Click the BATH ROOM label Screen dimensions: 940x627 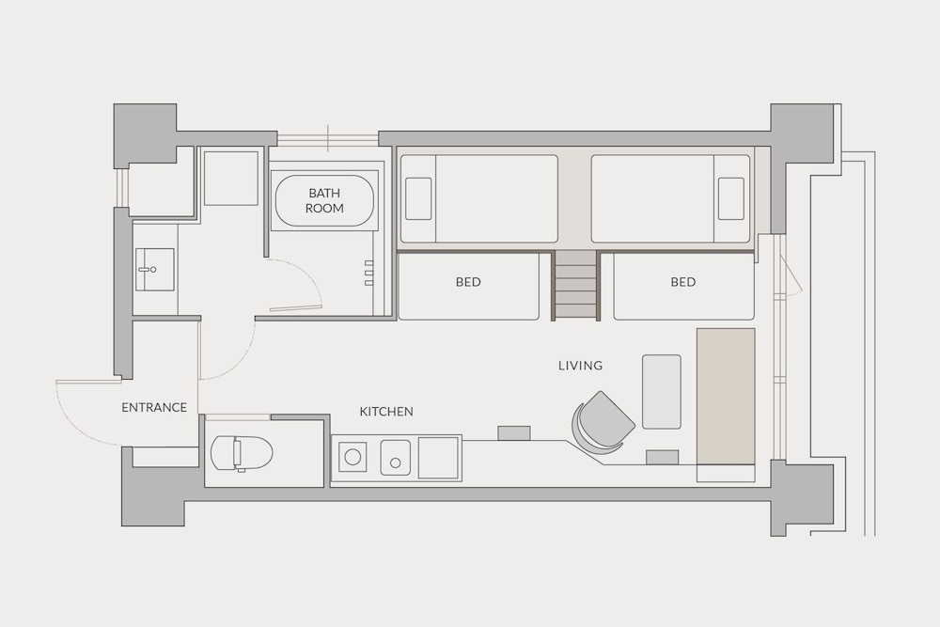point(324,201)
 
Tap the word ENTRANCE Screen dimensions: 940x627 point(154,408)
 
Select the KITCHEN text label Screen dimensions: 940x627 point(386,412)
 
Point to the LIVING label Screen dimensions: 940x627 point(580,366)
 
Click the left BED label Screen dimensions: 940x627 point(468,282)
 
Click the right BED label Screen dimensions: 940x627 point(683,282)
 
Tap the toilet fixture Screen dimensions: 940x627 point(242,452)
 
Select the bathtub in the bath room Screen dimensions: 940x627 point(324,201)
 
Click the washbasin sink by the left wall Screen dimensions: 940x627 point(155,270)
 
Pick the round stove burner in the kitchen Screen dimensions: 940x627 point(352,458)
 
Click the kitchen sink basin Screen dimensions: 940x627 point(396,458)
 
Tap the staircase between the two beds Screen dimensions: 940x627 point(575,286)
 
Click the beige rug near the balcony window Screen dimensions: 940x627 point(726,396)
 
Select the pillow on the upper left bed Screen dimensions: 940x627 point(418,198)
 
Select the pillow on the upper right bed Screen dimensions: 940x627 point(730,198)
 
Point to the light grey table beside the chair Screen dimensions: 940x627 point(662,392)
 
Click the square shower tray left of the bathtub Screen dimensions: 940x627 point(231,178)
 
